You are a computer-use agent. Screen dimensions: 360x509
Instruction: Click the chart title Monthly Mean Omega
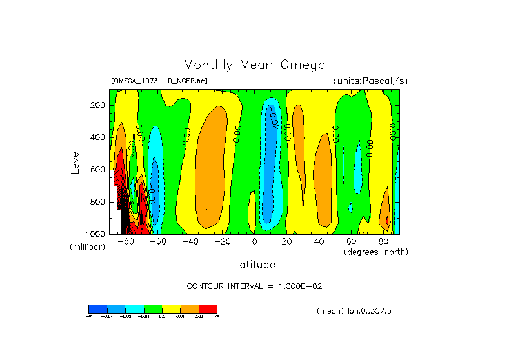254,65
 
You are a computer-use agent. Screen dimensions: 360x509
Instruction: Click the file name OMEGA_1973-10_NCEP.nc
159,81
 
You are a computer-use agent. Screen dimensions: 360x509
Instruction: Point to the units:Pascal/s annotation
370,81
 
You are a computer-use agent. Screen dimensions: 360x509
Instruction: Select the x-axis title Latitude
254,265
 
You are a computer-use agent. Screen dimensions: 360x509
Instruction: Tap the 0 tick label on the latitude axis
255,242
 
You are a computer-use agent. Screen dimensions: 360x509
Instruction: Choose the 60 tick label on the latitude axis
352,242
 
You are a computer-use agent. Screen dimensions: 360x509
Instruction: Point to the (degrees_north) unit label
376,251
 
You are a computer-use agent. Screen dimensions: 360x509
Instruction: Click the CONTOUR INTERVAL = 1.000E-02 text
254,286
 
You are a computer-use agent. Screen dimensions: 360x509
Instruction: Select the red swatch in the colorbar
208,308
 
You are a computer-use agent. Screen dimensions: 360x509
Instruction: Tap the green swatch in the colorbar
152,308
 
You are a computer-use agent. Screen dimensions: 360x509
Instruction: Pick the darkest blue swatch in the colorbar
97,308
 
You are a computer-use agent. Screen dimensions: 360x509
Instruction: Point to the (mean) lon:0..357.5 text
354,311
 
